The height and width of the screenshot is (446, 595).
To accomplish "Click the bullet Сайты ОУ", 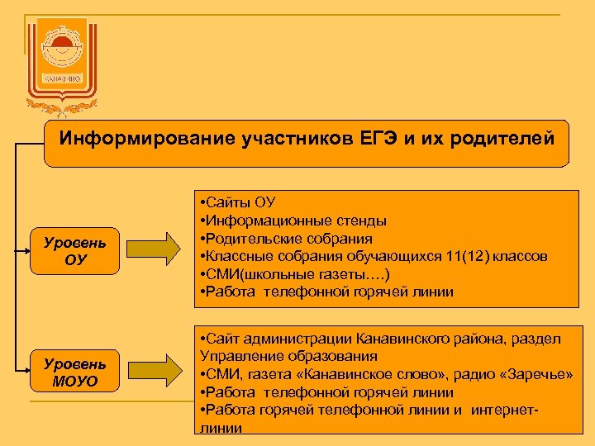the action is tap(239, 202).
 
